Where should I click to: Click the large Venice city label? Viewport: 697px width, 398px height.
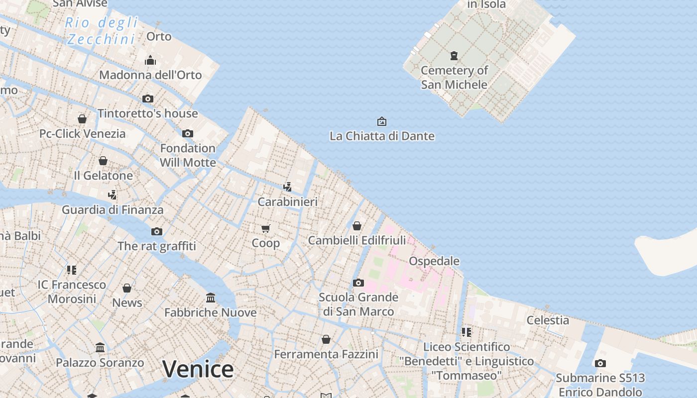click(198, 369)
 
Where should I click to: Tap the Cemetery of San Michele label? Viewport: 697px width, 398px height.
click(454, 77)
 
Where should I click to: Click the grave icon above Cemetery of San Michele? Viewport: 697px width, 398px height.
click(454, 55)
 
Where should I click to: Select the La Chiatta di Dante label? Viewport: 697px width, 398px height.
click(382, 136)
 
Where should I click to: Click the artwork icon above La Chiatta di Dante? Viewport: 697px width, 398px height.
click(382, 121)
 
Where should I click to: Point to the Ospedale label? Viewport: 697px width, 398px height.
click(434, 261)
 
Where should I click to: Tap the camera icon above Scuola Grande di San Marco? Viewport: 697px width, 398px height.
click(358, 283)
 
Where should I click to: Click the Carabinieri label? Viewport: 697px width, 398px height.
click(287, 202)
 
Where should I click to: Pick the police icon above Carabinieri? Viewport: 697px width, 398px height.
click(287, 187)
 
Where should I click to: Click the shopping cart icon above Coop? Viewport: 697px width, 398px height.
click(265, 228)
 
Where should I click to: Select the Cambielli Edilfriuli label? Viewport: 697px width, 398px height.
click(357, 240)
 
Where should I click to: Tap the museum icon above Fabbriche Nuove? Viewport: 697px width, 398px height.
click(211, 298)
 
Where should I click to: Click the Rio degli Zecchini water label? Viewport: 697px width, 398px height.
click(102, 30)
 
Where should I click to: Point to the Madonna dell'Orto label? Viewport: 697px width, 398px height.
click(150, 75)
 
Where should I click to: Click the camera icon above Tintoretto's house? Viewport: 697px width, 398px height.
click(148, 99)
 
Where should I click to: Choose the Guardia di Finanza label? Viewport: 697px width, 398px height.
click(113, 210)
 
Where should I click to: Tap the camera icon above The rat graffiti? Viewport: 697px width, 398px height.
click(157, 231)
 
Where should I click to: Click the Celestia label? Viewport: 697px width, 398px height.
click(548, 320)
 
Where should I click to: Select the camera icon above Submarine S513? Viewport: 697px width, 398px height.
click(600, 363)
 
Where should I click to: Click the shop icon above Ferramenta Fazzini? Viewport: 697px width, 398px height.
click(326, 339)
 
